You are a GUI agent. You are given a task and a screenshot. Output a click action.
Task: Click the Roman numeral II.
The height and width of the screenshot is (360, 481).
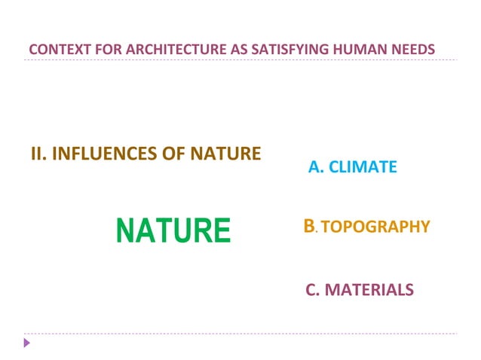[38, 155]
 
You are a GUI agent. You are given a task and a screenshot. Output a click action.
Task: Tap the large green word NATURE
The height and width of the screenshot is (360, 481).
[173, 230]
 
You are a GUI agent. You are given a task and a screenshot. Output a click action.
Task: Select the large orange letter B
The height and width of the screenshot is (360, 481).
[308, 225]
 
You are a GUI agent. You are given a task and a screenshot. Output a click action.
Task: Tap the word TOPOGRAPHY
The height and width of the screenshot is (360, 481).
[375, 227]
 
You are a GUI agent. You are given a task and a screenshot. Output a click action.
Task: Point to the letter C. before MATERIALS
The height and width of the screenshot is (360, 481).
[313, 290]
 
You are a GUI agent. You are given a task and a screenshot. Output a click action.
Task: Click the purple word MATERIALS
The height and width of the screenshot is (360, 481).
[369, 290]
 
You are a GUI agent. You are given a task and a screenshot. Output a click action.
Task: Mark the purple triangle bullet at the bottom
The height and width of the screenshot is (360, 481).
[28, 343]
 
